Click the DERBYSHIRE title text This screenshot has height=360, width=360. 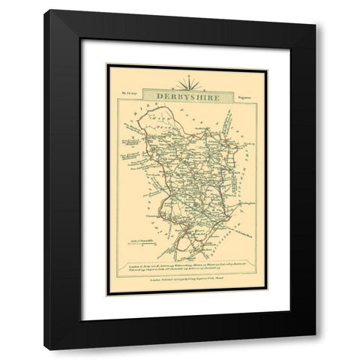coord(187,97)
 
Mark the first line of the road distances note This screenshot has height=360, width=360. coord(187,266)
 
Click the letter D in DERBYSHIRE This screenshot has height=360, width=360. coord(160,97)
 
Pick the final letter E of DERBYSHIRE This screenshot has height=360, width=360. coord(215,97)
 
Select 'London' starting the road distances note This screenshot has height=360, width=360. coord(132,266)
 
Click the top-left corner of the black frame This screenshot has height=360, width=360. coord(45,10)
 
